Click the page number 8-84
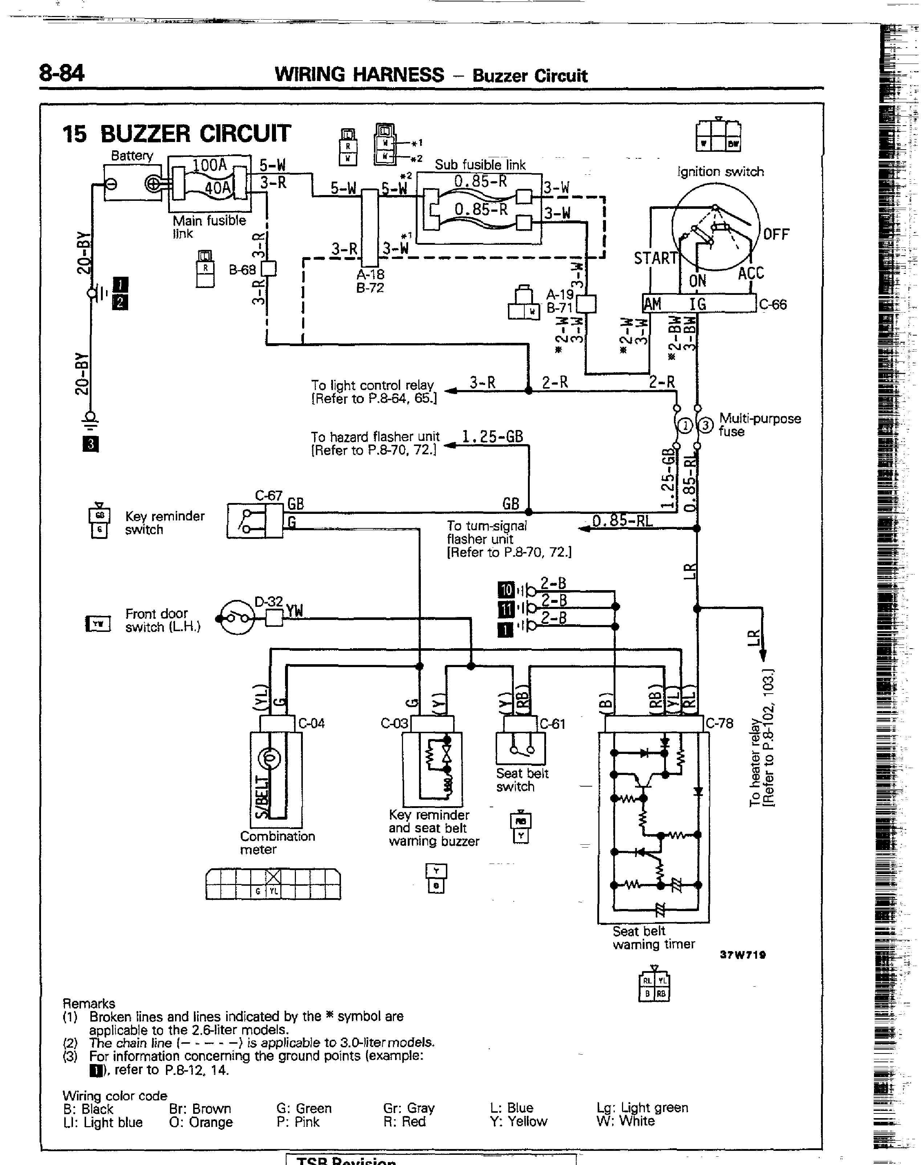click(62, 73)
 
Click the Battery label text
click(132, 156)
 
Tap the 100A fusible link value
click(210, 165)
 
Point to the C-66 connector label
click(773, 305)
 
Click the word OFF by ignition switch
click(776, 235)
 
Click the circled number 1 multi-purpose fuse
click(685, 426)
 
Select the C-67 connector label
click(269, 495)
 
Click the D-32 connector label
click(269, 601)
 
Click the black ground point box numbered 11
click(505, 609)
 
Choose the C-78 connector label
click(720, 723)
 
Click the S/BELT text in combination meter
click(261, 797)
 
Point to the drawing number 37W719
click(743, 955)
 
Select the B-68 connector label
click(242, 269)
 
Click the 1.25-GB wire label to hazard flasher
click(492, 436)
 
